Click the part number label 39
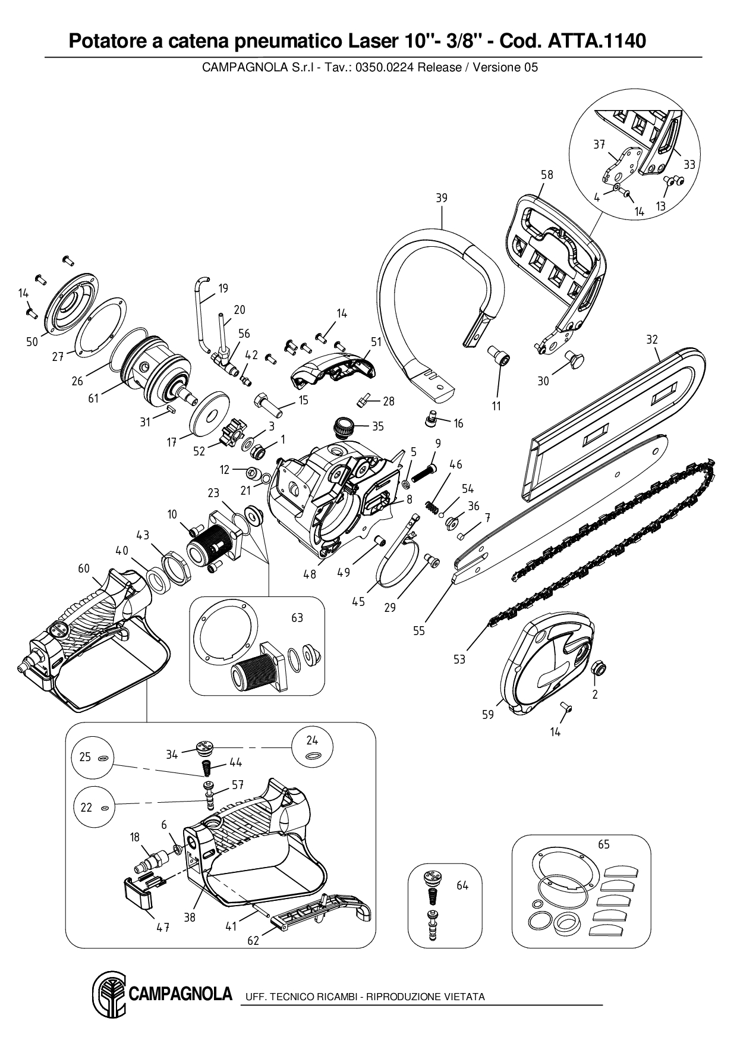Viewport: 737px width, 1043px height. (441, 198)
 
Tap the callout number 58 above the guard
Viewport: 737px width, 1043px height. (547, 174)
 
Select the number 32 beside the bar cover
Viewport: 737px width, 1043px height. (652, 340)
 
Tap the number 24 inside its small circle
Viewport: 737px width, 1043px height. (312, 740)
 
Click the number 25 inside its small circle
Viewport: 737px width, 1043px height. (85, 757)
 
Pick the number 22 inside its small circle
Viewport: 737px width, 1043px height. (86, 807)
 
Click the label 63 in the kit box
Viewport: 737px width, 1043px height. (297, 617)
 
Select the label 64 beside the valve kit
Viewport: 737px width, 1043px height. (462, 885)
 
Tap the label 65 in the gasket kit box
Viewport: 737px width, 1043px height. (603, 844)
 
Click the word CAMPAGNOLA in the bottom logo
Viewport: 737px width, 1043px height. (180, 994)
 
